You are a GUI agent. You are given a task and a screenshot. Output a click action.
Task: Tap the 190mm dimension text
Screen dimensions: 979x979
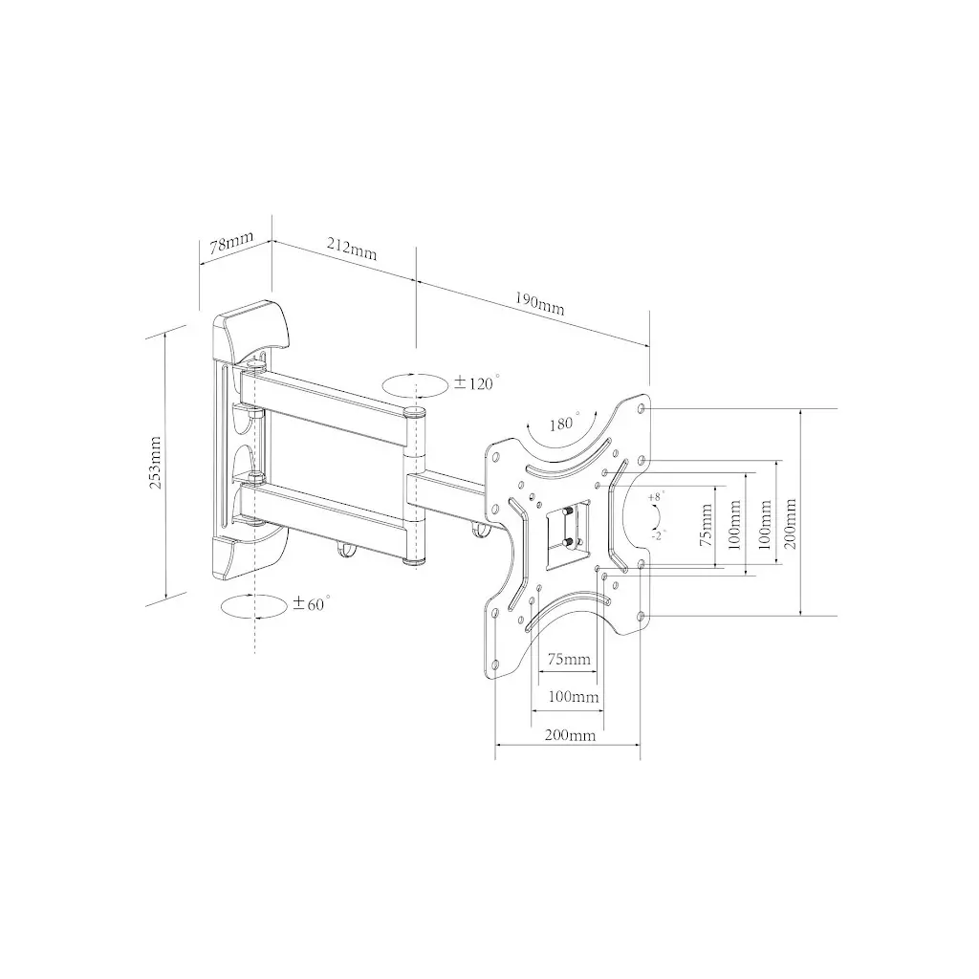tap(539, 304)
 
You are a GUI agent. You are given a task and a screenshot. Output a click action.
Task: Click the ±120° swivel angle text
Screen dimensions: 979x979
tap(477, 383)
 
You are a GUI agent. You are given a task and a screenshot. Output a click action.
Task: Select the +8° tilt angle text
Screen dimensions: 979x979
tap(655, 497)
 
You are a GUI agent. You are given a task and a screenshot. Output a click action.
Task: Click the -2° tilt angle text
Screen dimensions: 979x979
tap(657, 536)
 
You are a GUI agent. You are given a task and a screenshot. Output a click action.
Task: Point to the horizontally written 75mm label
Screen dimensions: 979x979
tap(568, 660)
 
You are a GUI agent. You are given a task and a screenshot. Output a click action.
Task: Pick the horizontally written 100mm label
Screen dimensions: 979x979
tap(573, 697)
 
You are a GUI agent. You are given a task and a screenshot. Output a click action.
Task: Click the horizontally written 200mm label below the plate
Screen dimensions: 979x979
tap(570, 735)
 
